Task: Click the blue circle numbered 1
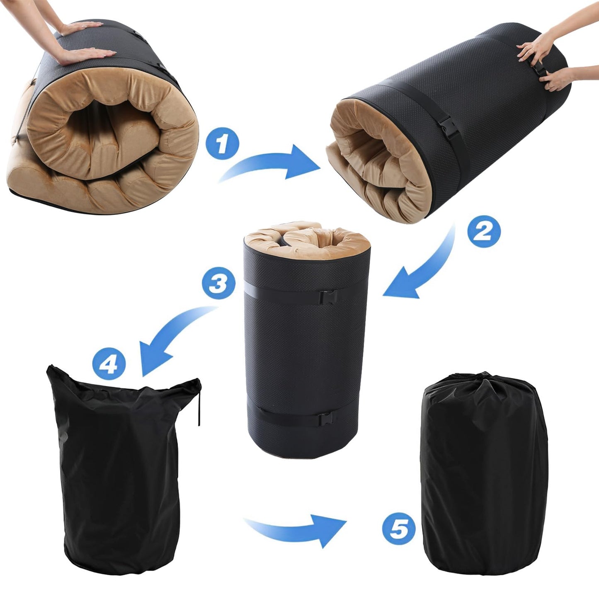[x=223, y=143]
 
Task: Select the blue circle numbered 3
[x=218, y=283]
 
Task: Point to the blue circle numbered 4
[x=109, y=363]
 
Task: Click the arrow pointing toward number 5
[x=295, y=531]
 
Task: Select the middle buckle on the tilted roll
[x=448, y=126]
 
